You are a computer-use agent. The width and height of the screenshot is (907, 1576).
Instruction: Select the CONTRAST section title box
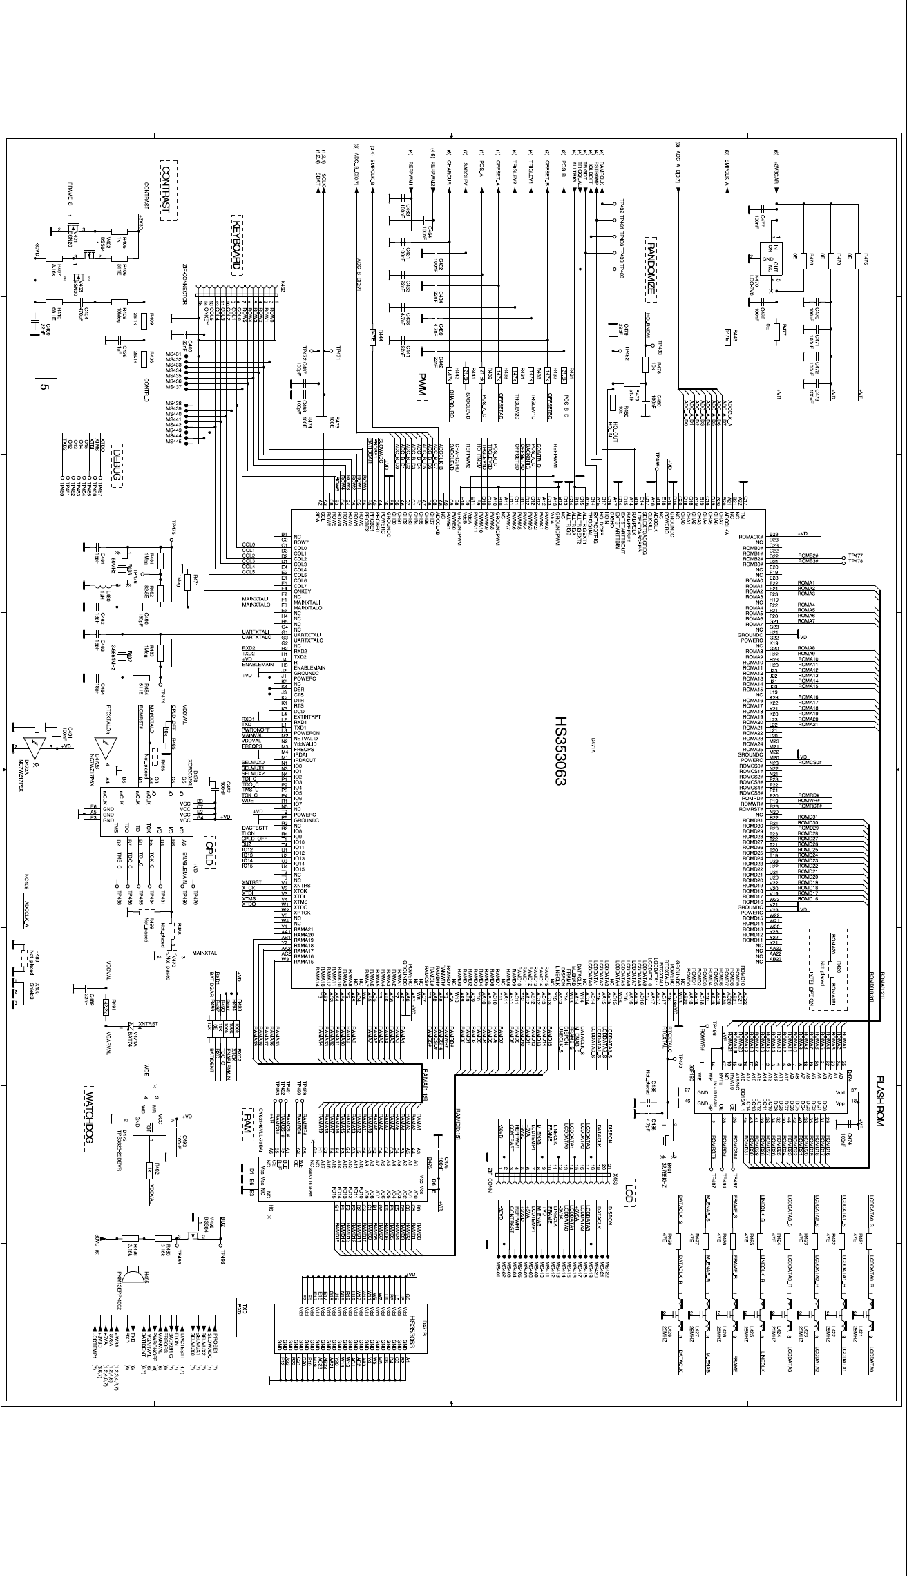(x=169, y=191)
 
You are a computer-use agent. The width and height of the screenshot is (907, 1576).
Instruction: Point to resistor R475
(x=857, y=260)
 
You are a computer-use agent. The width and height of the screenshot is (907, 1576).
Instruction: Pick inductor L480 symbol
(x=88, y=587)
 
